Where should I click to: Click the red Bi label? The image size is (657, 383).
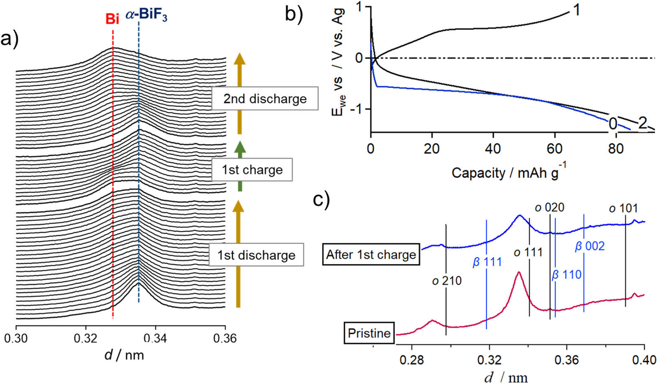[x=112, y=19]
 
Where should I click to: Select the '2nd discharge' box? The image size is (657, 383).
[x=264, y=99]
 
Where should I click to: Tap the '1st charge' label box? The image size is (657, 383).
[x=252, y=170]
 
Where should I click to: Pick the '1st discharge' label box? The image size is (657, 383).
[x=256, y=255]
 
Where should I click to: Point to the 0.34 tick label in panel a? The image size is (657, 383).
[x=155, y=338]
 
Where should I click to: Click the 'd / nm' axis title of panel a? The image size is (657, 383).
[x=124, y=355]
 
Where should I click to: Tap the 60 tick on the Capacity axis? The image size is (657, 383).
[x=554, y=148]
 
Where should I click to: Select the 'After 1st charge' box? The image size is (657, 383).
[x=371, y=255]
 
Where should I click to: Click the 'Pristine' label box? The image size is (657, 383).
[x=369, y=333]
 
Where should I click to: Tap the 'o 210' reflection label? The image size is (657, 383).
[x=447, y=281]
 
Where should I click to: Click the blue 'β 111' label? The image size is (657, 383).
[x=487, y=263]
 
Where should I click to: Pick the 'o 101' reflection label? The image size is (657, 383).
[x=623, y=208]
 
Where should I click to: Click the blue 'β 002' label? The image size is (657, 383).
[x=589, y=246]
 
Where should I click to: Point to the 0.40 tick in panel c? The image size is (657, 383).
[x=644, y=360]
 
